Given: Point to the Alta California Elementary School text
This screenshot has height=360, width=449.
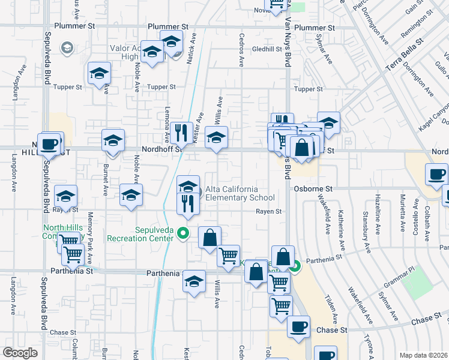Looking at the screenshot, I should pos(240,193).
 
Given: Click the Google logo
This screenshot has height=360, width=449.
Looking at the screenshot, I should pos(20,353).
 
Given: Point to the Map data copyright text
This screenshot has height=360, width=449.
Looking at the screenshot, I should pos(424,355).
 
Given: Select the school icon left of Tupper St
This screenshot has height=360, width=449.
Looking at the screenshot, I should pos(99,74).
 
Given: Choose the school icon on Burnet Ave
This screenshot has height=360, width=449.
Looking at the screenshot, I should pos(113,140).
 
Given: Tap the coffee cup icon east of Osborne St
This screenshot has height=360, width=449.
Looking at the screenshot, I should pos(436,174).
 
